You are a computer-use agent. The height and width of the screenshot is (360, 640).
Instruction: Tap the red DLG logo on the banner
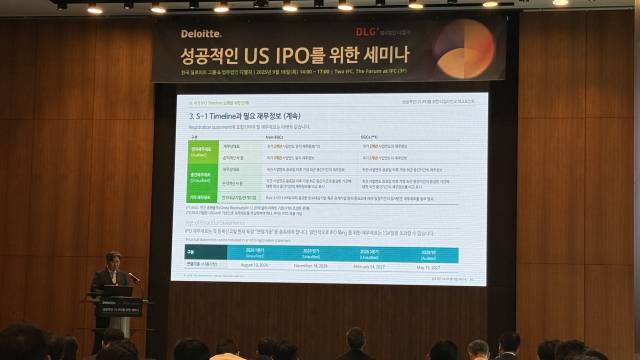pyautogui.click(x=348, y=6)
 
